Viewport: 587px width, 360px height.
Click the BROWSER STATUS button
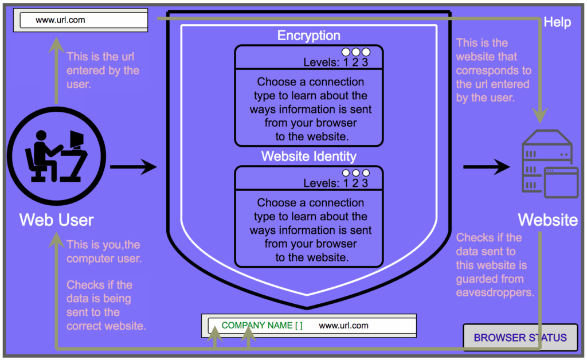pos(520,338)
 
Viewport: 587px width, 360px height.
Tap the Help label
pos(557,22)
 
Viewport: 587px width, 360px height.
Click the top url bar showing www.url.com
pos(84,20)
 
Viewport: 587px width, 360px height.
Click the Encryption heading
pos(308,36)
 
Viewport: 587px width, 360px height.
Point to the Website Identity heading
pos(308,156)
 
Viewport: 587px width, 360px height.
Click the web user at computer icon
pos(57,156)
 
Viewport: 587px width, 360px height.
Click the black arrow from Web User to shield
pos(132,167)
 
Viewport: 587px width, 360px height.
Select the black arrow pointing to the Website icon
pos(486,167)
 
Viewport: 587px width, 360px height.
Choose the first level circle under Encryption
pos(346,52)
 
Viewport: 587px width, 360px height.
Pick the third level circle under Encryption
pos(366,52)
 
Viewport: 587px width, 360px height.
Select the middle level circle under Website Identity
pos(355,173)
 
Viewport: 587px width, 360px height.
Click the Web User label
pos(57,220)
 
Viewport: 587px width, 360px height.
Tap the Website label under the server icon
pos(548,220)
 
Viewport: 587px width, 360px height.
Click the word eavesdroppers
pos(495,292)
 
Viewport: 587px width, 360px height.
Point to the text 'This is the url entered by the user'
pos(103,71)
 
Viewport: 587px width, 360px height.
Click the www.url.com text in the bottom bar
pos(343,326)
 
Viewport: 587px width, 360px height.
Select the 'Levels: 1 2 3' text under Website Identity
pos(336,183)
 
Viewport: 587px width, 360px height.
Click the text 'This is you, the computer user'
pos(104,252)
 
